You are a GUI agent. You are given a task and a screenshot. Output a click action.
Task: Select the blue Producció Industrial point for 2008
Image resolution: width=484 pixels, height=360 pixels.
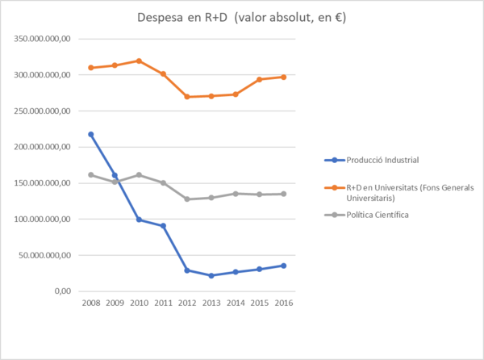point(90,134)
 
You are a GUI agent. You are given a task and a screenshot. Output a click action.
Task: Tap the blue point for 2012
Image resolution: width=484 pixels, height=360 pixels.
point(187,270)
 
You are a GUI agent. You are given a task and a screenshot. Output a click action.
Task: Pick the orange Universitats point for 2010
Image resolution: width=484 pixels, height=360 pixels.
point(139,61)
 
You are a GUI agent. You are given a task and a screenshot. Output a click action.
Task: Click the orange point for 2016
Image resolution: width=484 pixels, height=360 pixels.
point(284,77)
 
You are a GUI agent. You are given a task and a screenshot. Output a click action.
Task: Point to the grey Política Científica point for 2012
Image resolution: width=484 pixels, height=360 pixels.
point(187,199)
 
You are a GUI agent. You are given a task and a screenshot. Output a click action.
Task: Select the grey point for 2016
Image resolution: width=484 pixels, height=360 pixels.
point(284,194)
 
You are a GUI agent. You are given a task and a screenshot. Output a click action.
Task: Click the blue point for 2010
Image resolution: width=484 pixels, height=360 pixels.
point(139,219)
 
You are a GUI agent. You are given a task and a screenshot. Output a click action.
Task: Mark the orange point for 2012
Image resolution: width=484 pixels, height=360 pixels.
point(187,97)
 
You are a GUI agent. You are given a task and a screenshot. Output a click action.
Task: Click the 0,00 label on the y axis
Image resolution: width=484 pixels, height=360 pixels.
point(61,291)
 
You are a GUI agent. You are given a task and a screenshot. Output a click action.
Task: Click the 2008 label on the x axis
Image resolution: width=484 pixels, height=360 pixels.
point(90,303)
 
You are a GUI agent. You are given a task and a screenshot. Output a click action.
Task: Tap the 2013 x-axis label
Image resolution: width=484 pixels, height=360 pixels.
point(211,303)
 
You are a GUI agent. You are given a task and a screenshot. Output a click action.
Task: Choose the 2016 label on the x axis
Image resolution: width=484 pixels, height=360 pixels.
point(284,303)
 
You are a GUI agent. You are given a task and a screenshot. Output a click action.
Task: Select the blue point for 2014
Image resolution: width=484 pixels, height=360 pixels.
point(236,272)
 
